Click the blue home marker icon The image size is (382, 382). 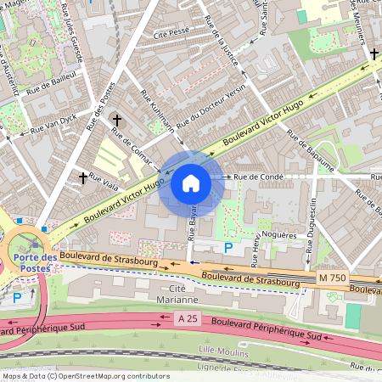tap(191, 183)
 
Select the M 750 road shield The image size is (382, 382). tap(334, 278)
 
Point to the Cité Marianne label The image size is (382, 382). tap(177, 294)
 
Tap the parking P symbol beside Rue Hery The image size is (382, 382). tap(227, 247)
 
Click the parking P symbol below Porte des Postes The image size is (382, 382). tap(18, 298)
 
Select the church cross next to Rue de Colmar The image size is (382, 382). tap(117, 121)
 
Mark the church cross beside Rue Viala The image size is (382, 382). tap(83, 177)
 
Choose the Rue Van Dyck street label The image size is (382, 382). tap(53, 124)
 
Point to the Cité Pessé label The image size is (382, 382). tap(170, 35)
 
